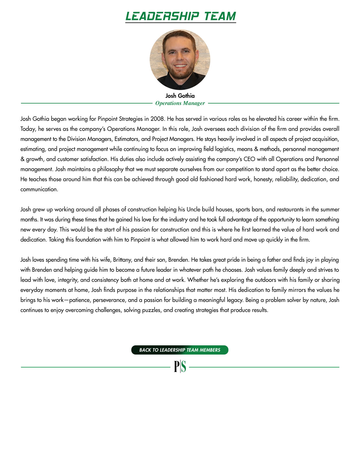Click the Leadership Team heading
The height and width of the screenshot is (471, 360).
[x=180, y=16]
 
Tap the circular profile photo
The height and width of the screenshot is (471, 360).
[x=180, y=60]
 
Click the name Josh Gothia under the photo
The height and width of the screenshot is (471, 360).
[x=180, y=96]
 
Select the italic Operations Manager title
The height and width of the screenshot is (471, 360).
[x=180, y=103]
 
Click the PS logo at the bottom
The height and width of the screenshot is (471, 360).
[x=180, y=367]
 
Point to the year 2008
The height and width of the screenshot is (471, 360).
[x=157, y=119]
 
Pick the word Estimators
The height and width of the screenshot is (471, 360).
[x=126, y=139]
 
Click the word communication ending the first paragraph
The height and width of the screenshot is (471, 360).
[x=39, y=189]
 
